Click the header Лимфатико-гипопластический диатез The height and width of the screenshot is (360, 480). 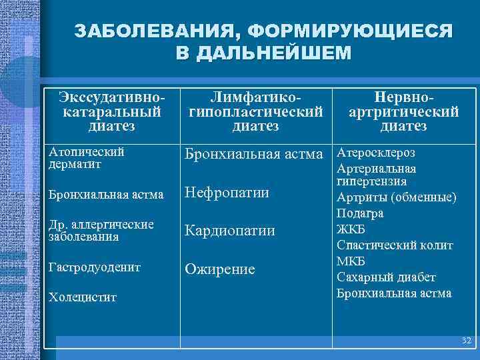256,111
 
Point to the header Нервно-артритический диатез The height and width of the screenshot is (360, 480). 403,111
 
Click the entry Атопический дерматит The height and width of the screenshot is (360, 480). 87,157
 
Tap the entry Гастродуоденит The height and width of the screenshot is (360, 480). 94,267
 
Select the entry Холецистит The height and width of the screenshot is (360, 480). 82,297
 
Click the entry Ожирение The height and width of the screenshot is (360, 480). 219,269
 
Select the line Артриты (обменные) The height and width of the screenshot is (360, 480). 397,197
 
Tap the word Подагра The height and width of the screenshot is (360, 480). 360,213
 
